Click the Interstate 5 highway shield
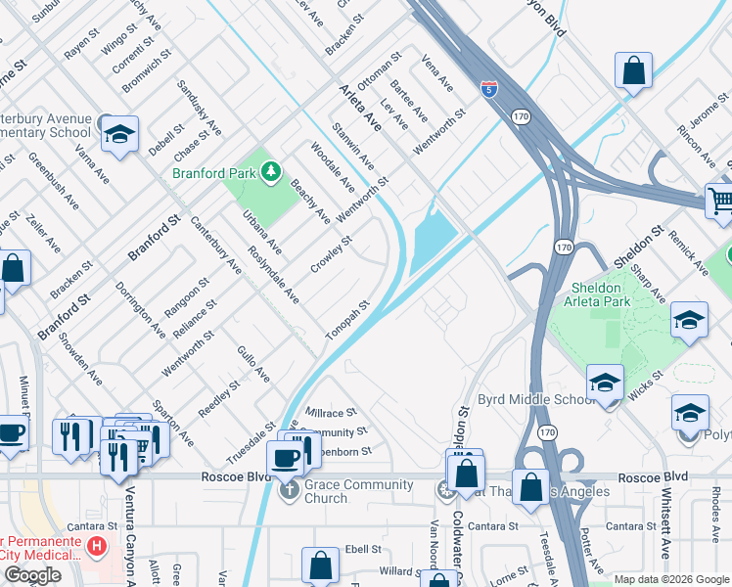click(488, 89)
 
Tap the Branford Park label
click(213, 173)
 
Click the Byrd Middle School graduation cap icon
click(605, 383)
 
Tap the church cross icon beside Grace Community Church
click(289, 490)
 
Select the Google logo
click(32, 575)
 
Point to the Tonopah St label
click(348, 321)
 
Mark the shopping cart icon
click(721, 201)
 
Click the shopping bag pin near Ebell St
click(320, 564)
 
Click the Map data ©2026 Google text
click(671, 579)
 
